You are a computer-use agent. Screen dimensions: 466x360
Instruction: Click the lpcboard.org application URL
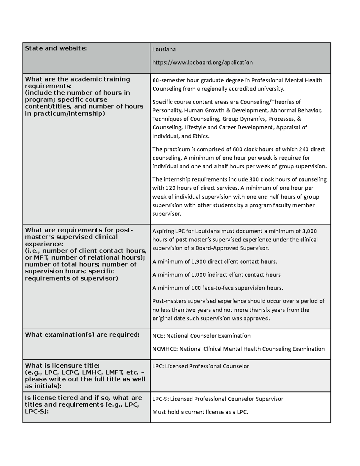202,62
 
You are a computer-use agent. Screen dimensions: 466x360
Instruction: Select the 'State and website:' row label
56,48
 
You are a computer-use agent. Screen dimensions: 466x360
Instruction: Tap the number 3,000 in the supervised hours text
309,231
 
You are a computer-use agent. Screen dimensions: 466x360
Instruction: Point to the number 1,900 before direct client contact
198,262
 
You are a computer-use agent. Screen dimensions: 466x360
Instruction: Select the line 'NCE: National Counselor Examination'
201,336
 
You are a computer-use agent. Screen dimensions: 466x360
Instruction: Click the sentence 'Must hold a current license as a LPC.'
200,412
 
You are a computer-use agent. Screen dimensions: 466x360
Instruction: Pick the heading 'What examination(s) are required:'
82,335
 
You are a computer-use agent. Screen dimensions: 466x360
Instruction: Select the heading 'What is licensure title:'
62,365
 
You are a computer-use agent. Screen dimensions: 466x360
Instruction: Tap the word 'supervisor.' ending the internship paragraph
167,214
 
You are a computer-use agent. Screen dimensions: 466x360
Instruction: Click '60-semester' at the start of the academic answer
169,80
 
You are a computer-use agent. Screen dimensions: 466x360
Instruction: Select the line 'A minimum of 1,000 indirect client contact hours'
216,275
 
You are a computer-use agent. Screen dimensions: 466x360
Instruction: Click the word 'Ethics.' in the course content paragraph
201,136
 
